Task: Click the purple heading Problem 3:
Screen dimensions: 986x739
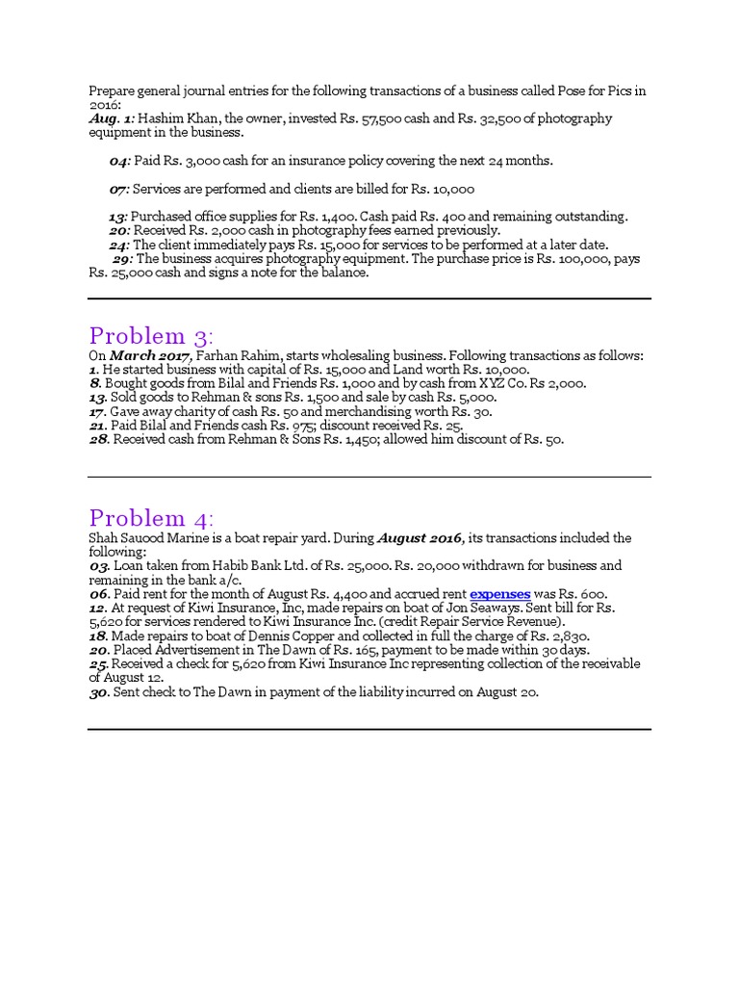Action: click(x=152, y=336)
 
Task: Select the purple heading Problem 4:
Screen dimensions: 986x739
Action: click(x=152, y=517)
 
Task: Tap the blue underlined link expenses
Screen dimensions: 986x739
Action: click(x=499, y=594)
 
